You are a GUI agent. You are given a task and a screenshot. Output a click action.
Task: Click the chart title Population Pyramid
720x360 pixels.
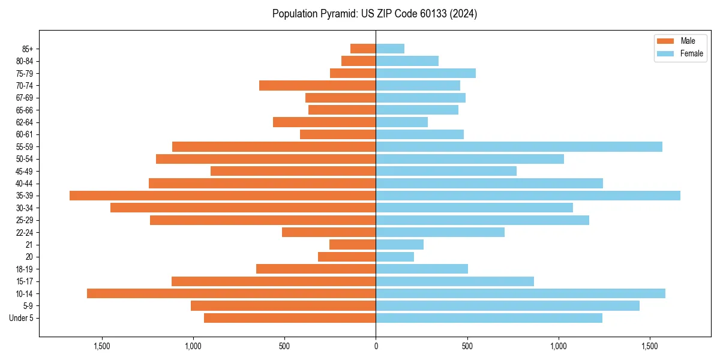tap(374, 14)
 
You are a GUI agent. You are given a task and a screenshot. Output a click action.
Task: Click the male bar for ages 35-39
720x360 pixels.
tap(223, 196)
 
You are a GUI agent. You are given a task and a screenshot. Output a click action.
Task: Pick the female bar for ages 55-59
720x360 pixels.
tap(519, 147)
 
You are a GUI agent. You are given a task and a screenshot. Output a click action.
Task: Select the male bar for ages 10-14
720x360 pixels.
tap(231, 293)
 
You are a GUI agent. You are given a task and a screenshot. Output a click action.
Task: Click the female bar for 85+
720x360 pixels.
tap(390, 49)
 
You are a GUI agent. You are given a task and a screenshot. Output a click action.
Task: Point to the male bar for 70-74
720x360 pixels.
tap(317, 86)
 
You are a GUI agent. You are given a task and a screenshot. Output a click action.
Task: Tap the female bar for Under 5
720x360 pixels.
tap(489, 318)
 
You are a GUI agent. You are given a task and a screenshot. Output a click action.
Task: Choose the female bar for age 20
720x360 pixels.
tap(395, 257)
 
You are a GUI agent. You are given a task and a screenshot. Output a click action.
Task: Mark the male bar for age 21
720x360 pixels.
tap(353, 245)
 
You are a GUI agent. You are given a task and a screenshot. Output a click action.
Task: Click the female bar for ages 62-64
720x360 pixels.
tap(401, 122)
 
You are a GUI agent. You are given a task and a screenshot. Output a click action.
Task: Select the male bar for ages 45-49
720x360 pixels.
tap(293, 171)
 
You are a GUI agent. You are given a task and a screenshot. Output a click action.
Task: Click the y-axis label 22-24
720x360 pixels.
tap(25, 232)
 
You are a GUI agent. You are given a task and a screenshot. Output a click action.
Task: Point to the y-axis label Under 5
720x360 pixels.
tap(22, 318)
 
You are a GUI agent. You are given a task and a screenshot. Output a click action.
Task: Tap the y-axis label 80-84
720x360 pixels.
tap(25, 61)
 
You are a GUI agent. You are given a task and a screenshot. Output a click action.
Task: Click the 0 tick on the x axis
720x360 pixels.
tap(376, 346)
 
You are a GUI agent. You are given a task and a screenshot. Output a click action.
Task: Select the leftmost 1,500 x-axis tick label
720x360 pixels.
tap(102, 346)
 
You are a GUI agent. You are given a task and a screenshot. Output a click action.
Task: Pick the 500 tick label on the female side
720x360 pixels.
tap(467, 346)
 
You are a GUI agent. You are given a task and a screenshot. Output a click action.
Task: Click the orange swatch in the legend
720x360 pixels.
tap(665, 41)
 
